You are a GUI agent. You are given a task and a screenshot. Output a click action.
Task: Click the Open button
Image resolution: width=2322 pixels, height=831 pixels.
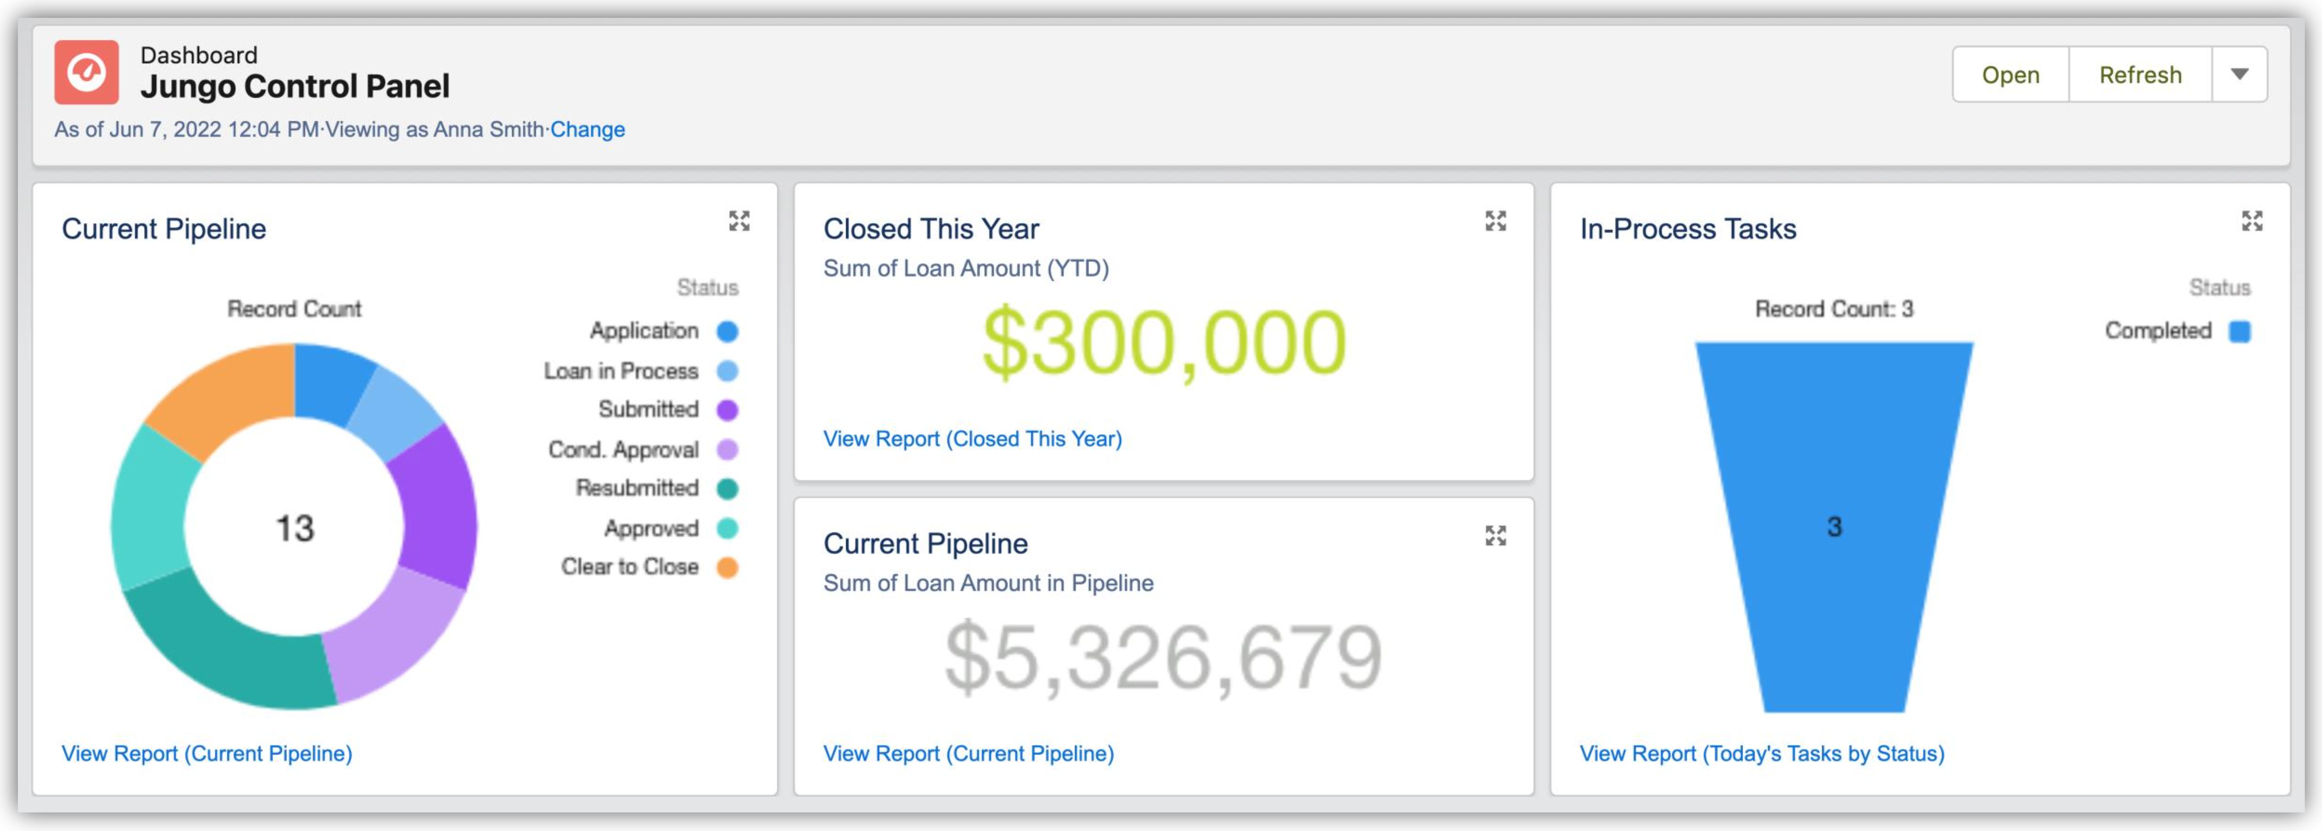click(x=2010, y=75)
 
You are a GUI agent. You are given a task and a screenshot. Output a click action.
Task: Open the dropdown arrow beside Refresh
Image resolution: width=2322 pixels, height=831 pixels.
click(x=2240, y=75)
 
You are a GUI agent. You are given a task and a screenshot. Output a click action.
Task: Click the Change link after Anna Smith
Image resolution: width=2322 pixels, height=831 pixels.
click(x=588, y=130)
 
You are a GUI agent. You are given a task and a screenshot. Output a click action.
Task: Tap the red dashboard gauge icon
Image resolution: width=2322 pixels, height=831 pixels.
click(x=87, y=72)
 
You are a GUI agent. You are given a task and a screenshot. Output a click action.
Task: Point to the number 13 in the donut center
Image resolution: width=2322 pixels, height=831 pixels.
click(x=295, y=528)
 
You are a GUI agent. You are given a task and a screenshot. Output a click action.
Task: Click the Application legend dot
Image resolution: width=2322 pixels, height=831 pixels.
click(x=727, y=332)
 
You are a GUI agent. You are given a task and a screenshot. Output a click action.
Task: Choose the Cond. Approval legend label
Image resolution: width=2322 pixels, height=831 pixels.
click(x=624, y=450)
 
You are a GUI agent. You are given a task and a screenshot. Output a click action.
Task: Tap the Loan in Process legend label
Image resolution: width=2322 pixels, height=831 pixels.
click(x=621, y=371)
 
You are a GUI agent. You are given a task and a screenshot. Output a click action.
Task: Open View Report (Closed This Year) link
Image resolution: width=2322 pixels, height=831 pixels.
click(x=973, y=439)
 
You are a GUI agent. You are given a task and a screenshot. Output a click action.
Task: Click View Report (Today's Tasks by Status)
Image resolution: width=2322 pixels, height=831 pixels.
click(x=1762, y=753)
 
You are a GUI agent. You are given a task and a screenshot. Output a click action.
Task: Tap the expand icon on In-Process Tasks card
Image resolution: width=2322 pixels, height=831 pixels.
click(x=2252, y=221)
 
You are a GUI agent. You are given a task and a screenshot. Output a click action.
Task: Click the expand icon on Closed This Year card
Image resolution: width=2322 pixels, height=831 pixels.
click(x=1495, y=221)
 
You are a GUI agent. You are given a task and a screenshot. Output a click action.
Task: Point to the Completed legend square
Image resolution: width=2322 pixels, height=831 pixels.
click(x=2240, y=332)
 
